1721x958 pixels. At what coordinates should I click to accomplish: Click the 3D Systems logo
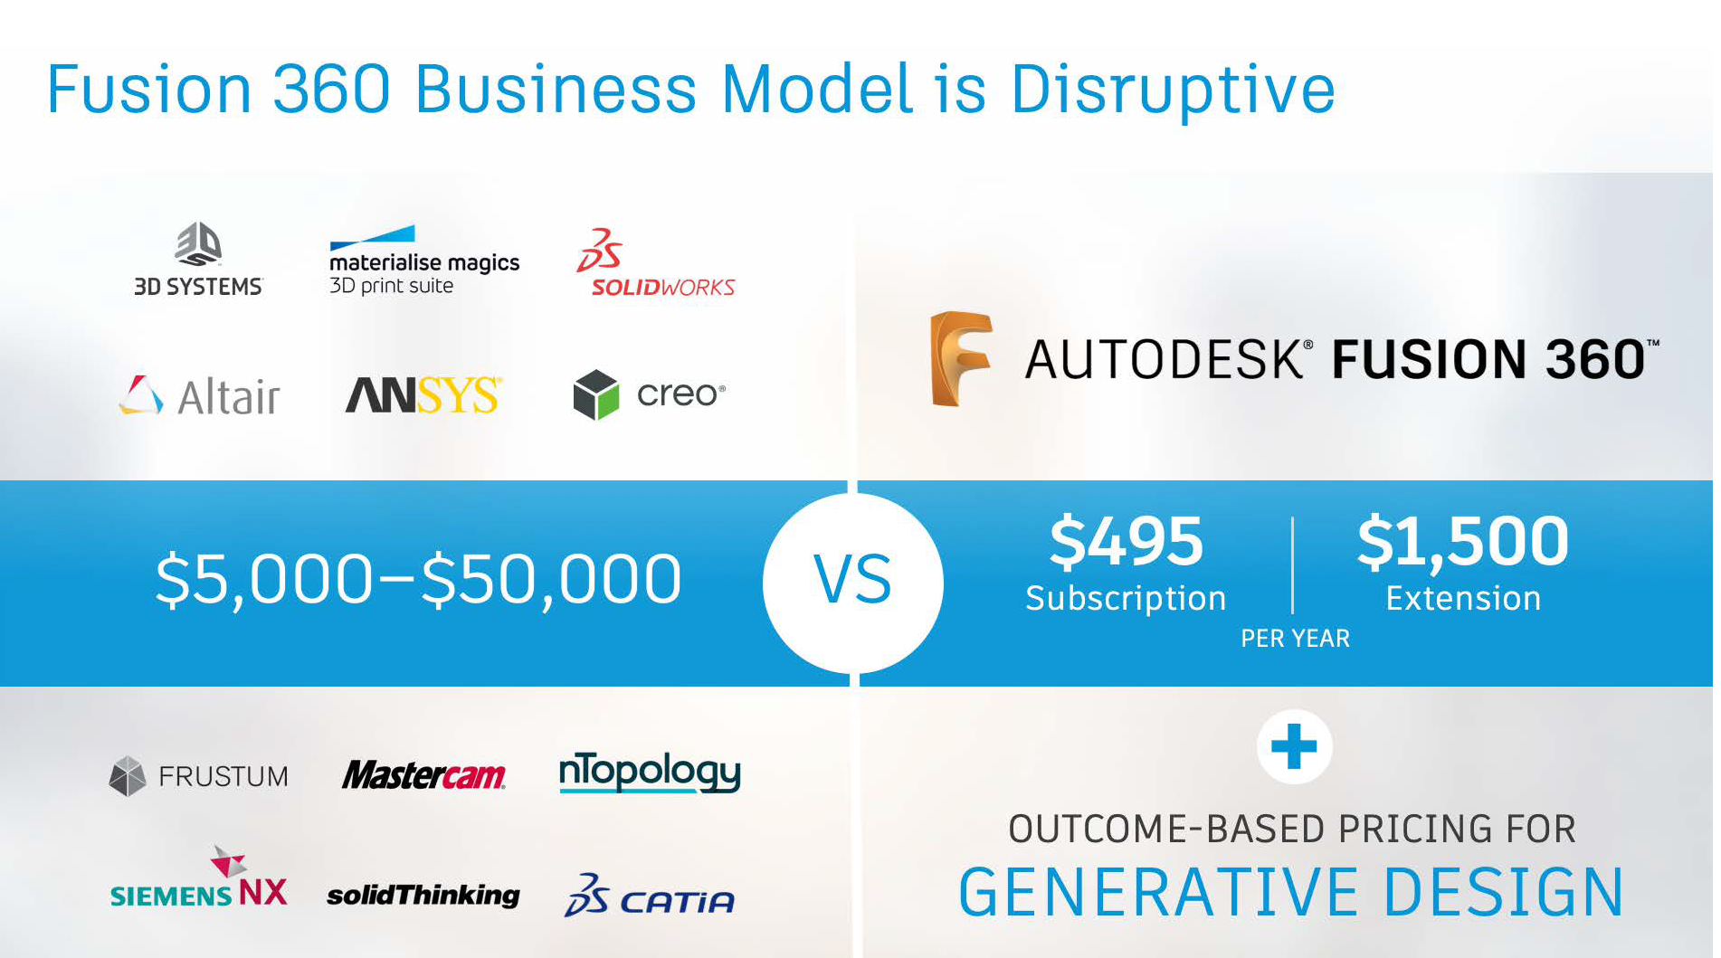click(198, 260)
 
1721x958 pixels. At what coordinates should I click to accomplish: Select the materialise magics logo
click(423, 261)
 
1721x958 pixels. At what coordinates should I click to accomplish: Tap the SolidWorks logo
click(656, 262)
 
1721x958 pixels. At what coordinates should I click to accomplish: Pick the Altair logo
click(199, 395)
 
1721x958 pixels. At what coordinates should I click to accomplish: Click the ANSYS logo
click(423, 395)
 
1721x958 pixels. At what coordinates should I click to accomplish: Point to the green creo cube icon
click(596, 394)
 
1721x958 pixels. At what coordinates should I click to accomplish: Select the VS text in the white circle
click(852, 580)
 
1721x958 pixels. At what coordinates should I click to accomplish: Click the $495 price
click(1126, 542)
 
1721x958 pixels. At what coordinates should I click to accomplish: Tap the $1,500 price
click(1462, 542)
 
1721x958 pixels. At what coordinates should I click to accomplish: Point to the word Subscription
click(1126, 599)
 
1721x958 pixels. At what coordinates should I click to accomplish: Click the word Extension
click(1463, 598)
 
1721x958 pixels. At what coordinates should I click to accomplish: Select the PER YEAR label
click(1295, 639)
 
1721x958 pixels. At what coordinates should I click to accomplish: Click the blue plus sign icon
click(1294, 747)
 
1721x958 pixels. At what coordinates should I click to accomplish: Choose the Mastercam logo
click(423, 774)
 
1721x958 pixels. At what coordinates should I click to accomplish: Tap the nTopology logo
click(650, 773)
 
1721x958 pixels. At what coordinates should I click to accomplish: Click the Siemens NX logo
click(199, 877)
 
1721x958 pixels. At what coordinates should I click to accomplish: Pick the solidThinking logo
click(423, 896)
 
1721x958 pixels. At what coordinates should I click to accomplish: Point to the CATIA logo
click(650, 896)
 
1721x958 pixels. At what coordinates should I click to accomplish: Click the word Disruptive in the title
click(1172, 90)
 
